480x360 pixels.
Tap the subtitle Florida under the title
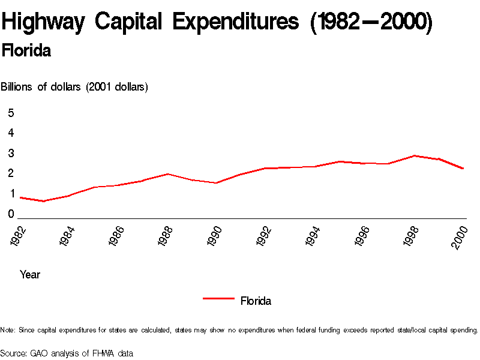coord(26,51)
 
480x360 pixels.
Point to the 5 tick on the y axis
coord(11,113)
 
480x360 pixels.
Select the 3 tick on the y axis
coord(11,153)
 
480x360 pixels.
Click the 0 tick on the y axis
coord(11,214)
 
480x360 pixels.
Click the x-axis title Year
coord(30,275)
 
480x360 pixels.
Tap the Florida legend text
coord(256,301)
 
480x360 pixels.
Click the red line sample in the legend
coord(218,298)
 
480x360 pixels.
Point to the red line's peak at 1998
coord(414,155)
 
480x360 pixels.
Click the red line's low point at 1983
coord(44,201)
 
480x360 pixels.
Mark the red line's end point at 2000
coord(463,169)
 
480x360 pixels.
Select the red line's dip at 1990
coord(216,183)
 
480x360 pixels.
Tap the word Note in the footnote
coord(8,330)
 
